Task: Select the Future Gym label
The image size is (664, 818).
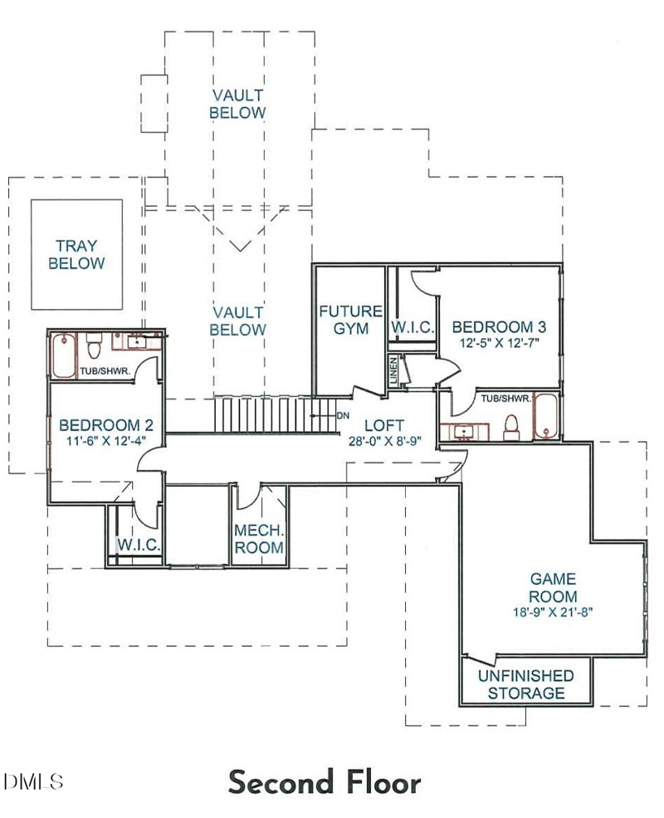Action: click(x=350, y=320)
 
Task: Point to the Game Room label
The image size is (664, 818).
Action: click(x=553, y=588)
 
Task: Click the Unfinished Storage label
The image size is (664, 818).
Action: click(x=525, y=684)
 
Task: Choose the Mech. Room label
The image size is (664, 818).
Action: click(x=259, y=540)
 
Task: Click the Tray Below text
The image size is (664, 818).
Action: click(x=76, y=255)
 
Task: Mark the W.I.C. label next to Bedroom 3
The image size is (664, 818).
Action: click(x=413, y=328)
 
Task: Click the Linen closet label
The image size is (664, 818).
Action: click(x=394, y=370)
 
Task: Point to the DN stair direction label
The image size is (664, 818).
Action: click(x=344, y=415)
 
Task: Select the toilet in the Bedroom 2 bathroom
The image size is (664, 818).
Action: click(x=95, y=344)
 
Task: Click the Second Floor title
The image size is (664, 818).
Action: click(x=325, y=782)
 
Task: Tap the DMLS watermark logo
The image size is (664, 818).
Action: click(x=34, y=781)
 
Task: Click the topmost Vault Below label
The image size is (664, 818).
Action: click(x=237, y=104)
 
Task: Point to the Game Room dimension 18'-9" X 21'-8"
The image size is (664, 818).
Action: click(x=553, y=612)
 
